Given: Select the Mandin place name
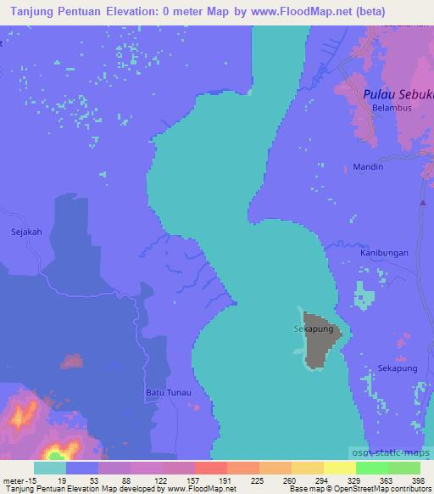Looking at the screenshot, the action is [370, 167].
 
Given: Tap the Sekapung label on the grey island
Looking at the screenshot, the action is [311, 327].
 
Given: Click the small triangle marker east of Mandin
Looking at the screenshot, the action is [422, 202].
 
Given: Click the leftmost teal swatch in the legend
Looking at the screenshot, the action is [50, 467].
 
